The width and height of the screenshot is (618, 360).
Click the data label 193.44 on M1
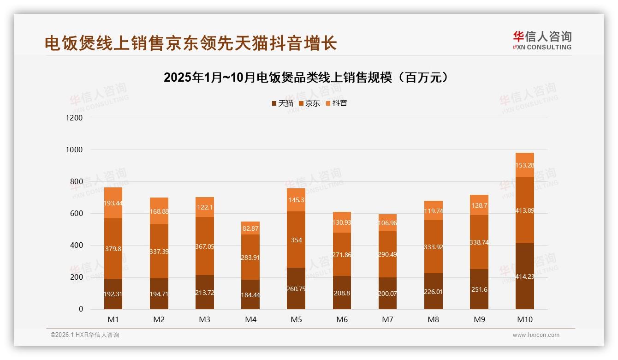(113, 204)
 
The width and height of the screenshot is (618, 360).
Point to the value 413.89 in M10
(525, 210)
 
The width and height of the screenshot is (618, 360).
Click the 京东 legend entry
(309, 103)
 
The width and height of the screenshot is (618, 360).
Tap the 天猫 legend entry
(283, 103)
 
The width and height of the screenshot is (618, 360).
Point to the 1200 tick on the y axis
(74, 118)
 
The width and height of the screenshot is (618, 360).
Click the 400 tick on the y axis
(76, 246)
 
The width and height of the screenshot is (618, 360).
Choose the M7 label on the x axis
(387, 319)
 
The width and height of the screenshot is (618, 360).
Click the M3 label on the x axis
(205, 319)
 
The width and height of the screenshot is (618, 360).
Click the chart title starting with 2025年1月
(306, 77)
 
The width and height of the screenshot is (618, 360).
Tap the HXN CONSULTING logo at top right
(542, 40)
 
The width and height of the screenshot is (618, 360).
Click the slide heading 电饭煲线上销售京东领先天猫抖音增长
(190, 43)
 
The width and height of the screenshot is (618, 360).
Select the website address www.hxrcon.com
(536, 335)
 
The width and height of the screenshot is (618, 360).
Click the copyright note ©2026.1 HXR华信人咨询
(85, 335)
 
